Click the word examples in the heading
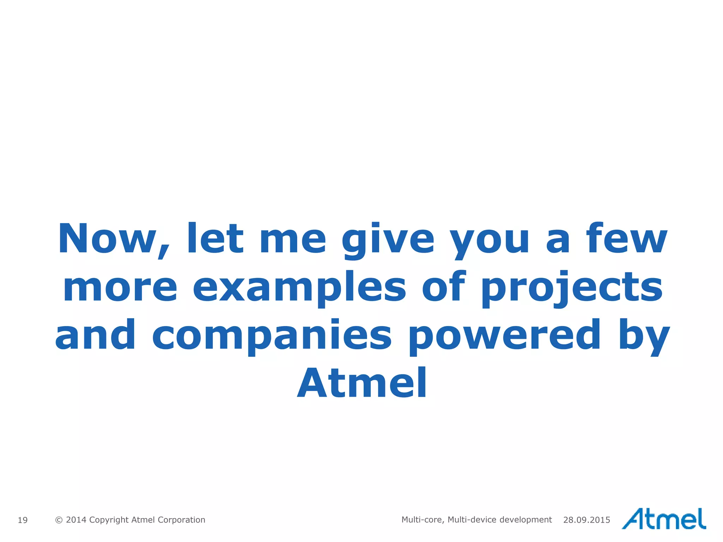(x=299, y=288)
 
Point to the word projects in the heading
(x=572, y=288)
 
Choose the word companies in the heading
(x=272, y=335)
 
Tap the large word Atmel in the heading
(x=362, y=383)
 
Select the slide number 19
(x=23, y=520)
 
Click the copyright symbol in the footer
(x=59, y=520)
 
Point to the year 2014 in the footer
(x=76, y=520)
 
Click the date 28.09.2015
(x=587, y=520)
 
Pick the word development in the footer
(x=526, y=520)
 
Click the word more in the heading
(x=120, y=288)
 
